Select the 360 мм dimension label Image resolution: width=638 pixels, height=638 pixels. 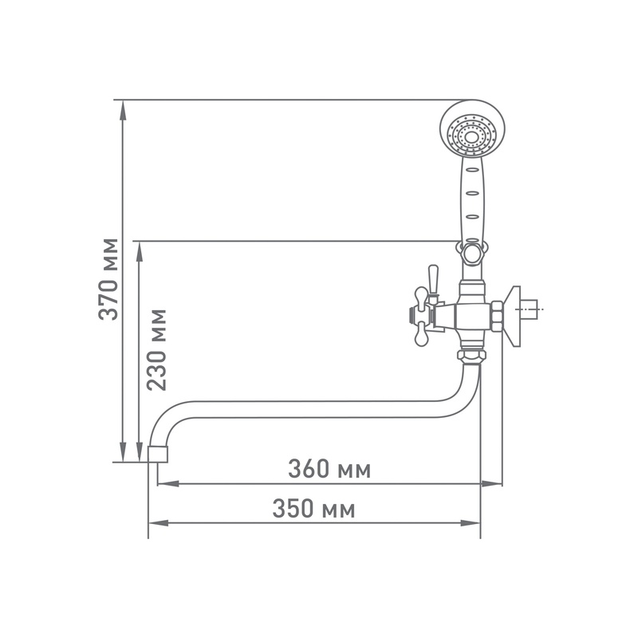(329, 469)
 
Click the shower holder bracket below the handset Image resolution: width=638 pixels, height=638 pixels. (471, 253)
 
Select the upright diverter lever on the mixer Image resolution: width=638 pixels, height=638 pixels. (433, 279)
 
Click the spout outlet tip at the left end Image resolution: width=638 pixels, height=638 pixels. (159, 454)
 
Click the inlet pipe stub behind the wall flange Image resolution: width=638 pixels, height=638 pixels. (534, 307)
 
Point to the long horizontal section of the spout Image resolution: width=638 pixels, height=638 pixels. (319, 408)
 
